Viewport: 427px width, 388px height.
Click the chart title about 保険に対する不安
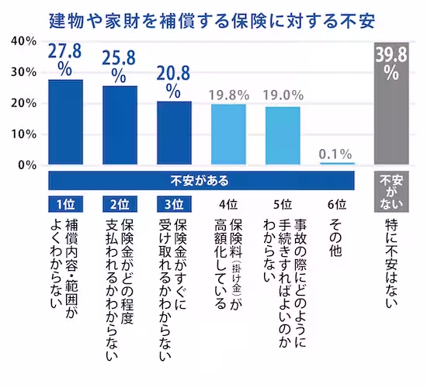[x=213, y=16]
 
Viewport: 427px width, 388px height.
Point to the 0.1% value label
[x=336, y=153]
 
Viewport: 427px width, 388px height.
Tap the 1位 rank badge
[x=66, y=205]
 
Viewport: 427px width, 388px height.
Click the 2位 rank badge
[x=120, y=205]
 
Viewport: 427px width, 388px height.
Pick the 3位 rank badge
[x=174, y=205]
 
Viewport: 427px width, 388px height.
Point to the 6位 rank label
[x=336, y=205]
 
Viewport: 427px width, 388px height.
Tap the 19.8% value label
[x=228, y=95]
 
